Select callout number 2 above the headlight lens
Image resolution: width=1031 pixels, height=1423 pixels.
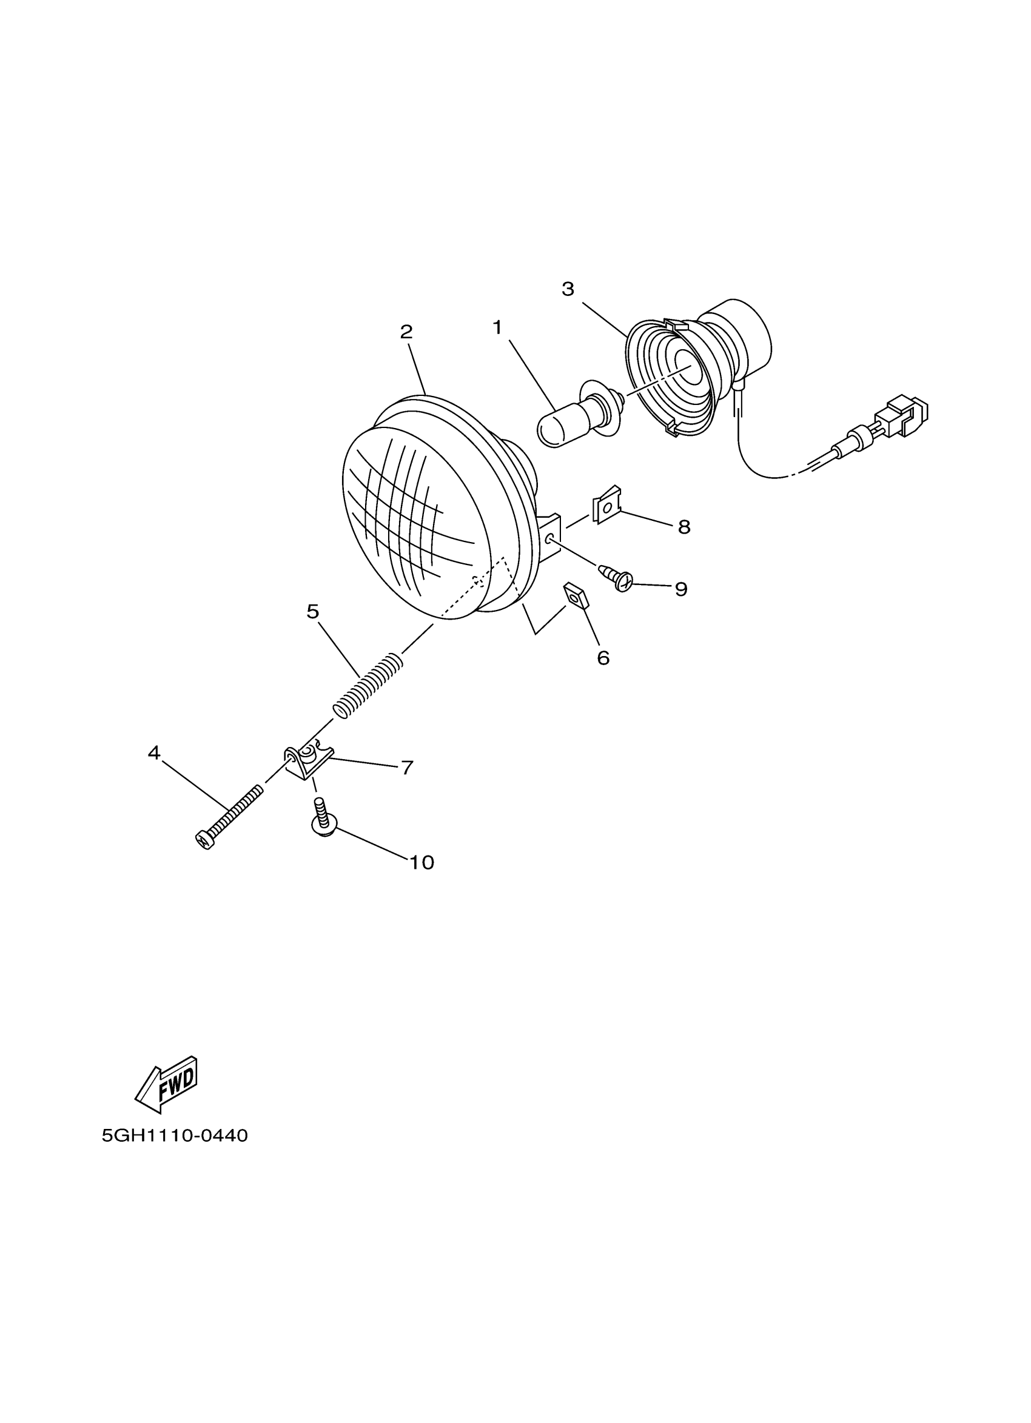(x=406, y=332)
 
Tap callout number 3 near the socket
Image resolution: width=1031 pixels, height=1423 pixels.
(x=568, y=289)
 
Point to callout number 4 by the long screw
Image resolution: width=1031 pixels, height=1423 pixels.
(x=153, y=753)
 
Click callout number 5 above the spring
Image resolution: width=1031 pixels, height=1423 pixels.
(x=313, y=612)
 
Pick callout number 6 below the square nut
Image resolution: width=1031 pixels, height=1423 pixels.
(x=603, y=658)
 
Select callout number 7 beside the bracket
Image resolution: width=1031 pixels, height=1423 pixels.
(x=408, y=768)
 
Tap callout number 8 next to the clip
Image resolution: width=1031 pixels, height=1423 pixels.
(x=684, y=527)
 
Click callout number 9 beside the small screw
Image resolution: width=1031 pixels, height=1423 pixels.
(x=681, y=589)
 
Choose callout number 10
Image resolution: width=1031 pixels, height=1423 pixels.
(x=421, y=863)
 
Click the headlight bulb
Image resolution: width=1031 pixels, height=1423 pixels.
(x=577, y=417)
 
